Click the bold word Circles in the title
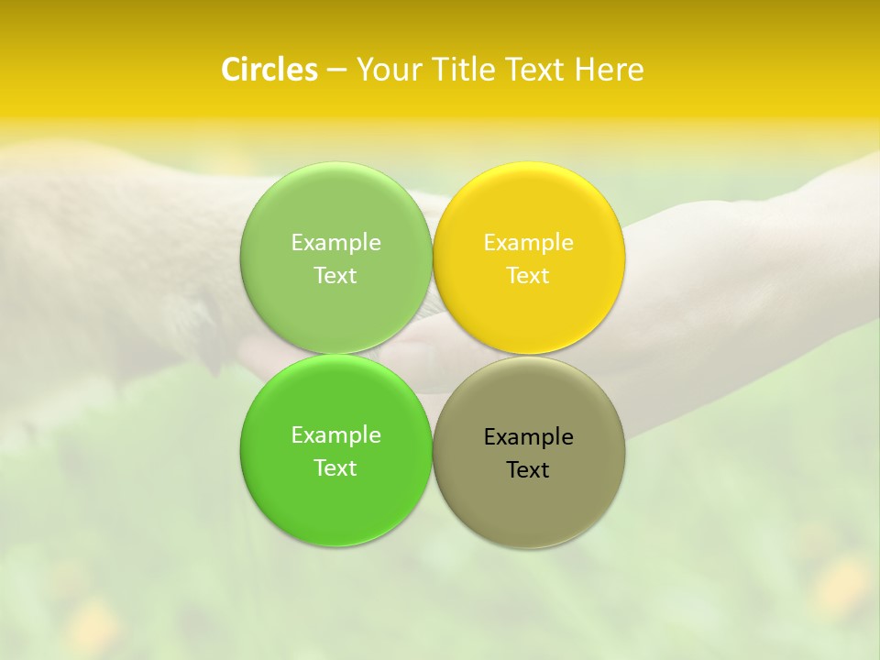click(x=269, y=70)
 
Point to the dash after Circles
click(x=336, y=71)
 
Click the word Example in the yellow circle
click(x=528, y=243)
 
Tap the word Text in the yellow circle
click(x=528, y=276)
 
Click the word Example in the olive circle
click(x=528, y=437)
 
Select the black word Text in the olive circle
click(x=528, y=470)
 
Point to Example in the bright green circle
click(x=335, y=435)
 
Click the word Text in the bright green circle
click(x=335, y=468)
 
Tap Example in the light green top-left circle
click(x=335, y=243)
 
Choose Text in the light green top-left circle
click(x=335, y=276)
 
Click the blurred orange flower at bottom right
click(x=841, y=587)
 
